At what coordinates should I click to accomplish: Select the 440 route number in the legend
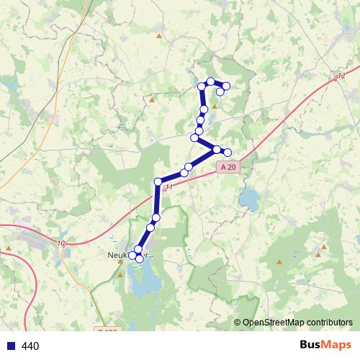[30, 346]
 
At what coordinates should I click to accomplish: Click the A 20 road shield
[228, 167]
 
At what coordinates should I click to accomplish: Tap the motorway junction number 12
[341, 76]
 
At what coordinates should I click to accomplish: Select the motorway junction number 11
[169, 188]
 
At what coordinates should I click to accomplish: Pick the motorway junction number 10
[62, 245]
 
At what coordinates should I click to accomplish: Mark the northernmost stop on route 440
[210, 81]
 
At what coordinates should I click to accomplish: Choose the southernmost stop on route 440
[139, 258]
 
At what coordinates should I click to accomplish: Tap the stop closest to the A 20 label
[228, 152]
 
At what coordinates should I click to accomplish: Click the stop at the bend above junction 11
[158, 181]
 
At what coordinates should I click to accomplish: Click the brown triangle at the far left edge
[8, 247]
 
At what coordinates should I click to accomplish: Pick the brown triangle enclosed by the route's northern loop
[213, 104]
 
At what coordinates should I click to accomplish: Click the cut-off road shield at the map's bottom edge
[106, 331]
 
